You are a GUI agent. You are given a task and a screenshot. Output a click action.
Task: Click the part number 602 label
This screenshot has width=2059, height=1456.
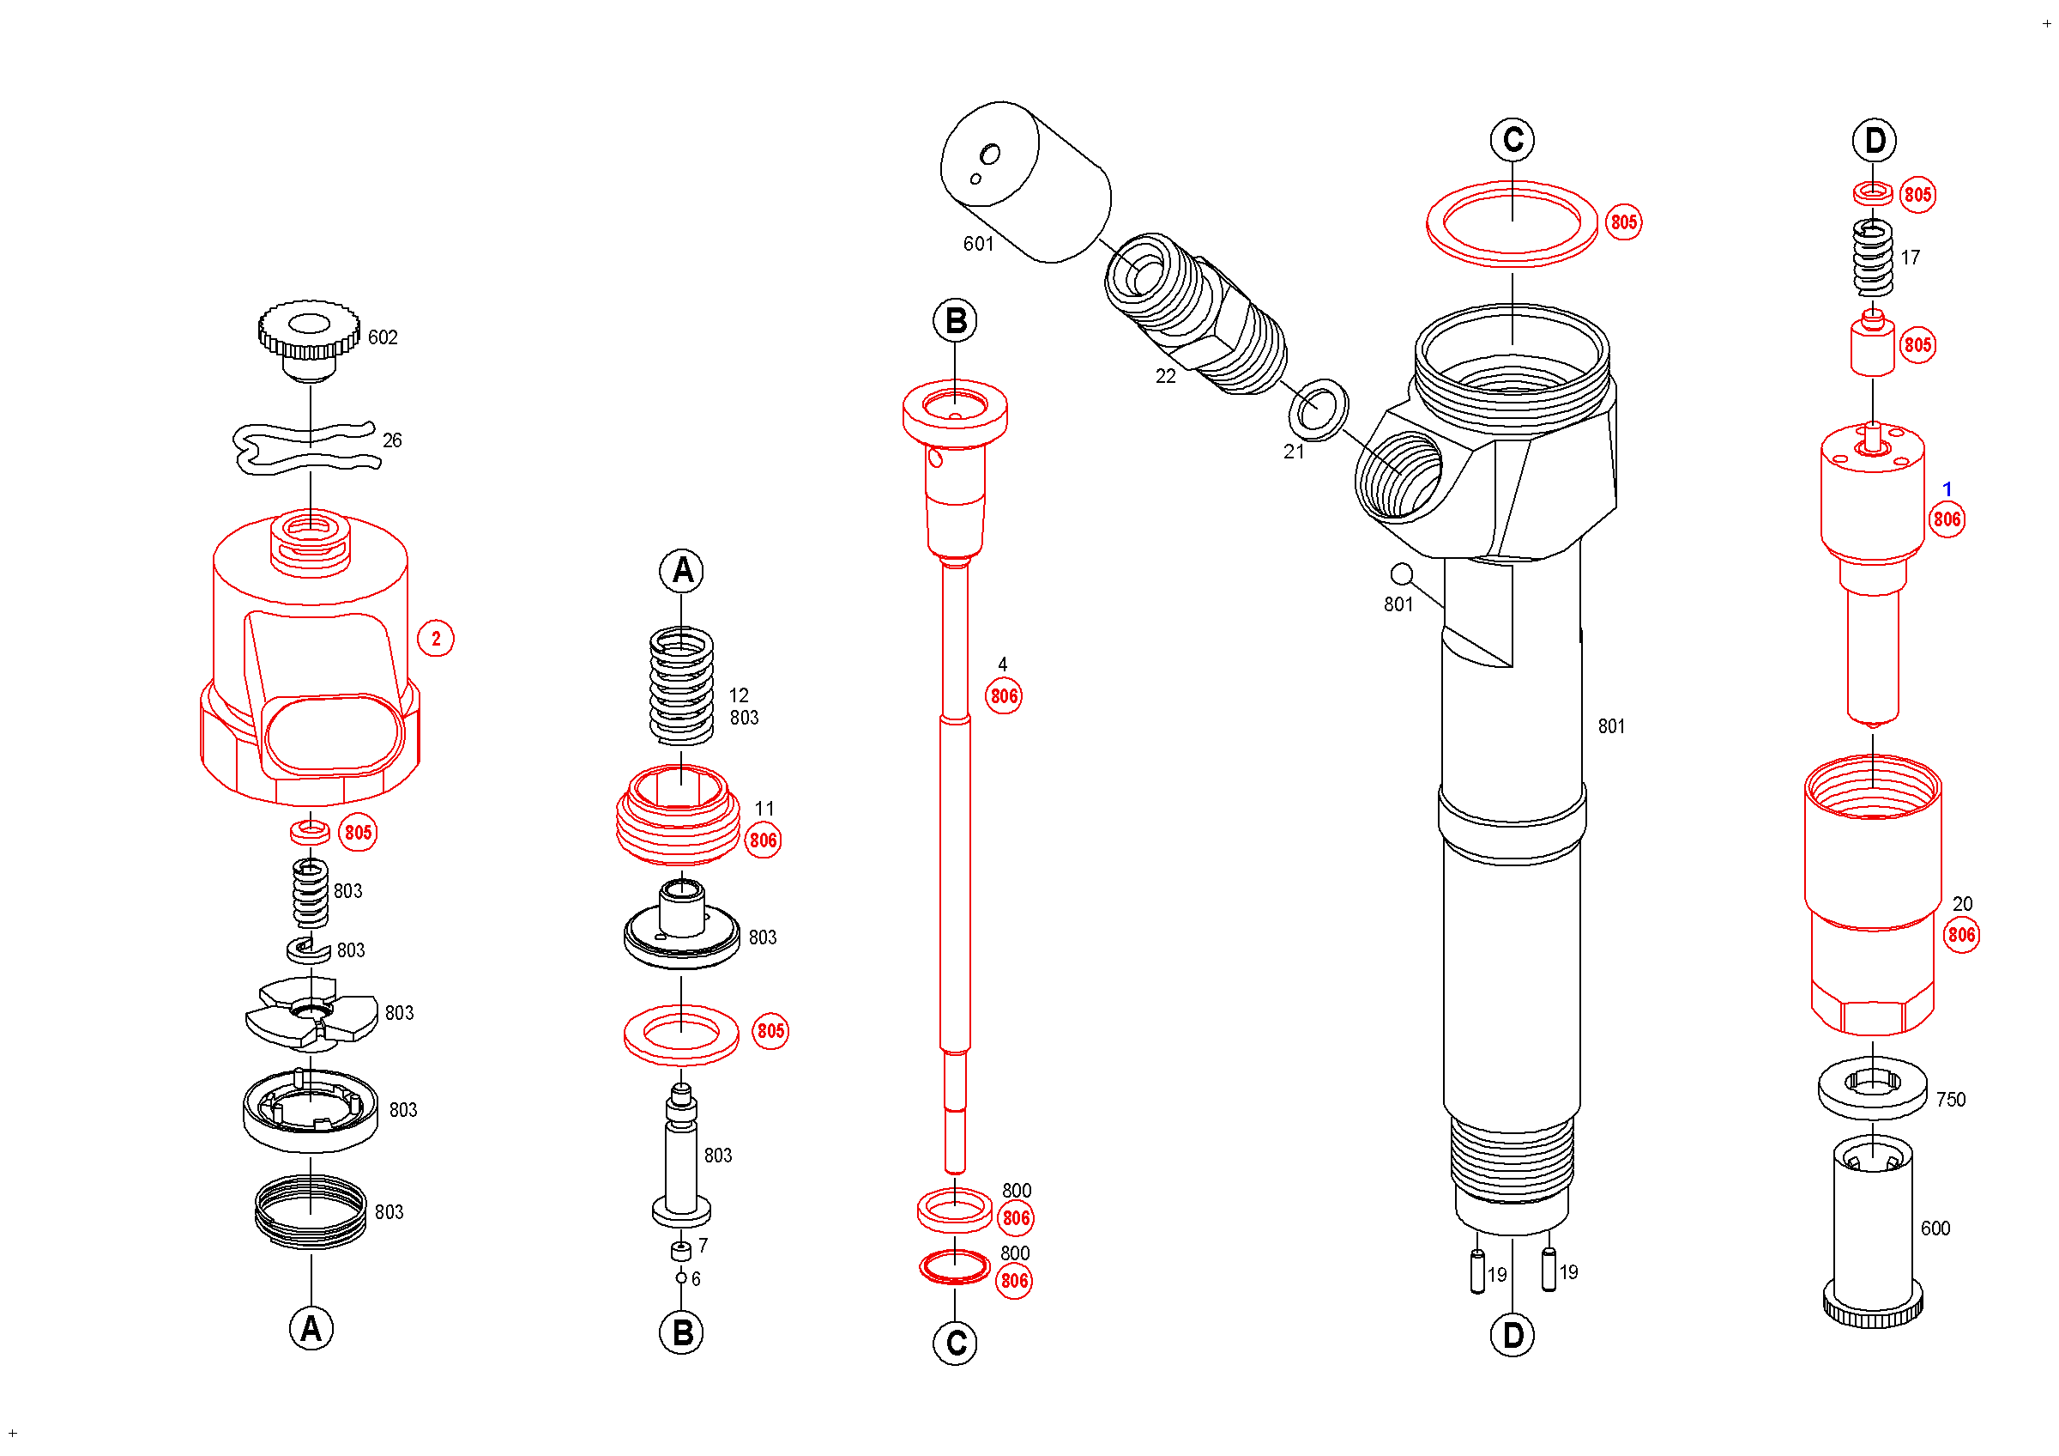click(383, 337)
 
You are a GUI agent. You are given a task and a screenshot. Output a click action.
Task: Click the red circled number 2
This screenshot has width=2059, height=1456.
click(436, 639)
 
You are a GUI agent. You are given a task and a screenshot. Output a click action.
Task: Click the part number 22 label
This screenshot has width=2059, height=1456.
click(1165, 377)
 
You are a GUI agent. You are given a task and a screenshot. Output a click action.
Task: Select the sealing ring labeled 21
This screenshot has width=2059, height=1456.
click(1319, 410)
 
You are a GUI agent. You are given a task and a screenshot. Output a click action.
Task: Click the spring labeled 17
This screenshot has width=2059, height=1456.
click(1873, 258)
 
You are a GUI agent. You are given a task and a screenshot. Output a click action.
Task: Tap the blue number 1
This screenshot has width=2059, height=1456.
click(1947, 489)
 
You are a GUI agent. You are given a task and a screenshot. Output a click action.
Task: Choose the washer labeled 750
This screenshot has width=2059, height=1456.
click(1873, 1088)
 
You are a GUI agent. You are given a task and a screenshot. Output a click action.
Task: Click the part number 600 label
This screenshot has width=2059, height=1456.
click(1935, 1228)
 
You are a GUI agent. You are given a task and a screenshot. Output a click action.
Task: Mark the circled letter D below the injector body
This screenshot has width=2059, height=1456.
click(1512, 1336)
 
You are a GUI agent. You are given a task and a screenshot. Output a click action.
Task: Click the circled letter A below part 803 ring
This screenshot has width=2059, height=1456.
click(311, 1329)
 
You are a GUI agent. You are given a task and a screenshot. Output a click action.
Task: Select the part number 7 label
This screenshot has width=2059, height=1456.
click(703, 1245)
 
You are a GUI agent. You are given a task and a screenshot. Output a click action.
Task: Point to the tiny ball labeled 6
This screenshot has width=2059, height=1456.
click(681, 1277)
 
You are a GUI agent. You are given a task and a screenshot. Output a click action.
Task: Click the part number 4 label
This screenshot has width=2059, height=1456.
click(1003, 664)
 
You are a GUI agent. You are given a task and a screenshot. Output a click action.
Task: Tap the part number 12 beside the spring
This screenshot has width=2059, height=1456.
click(738, 695)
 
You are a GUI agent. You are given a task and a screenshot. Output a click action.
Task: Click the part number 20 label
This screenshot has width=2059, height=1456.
click(1962, 904)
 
